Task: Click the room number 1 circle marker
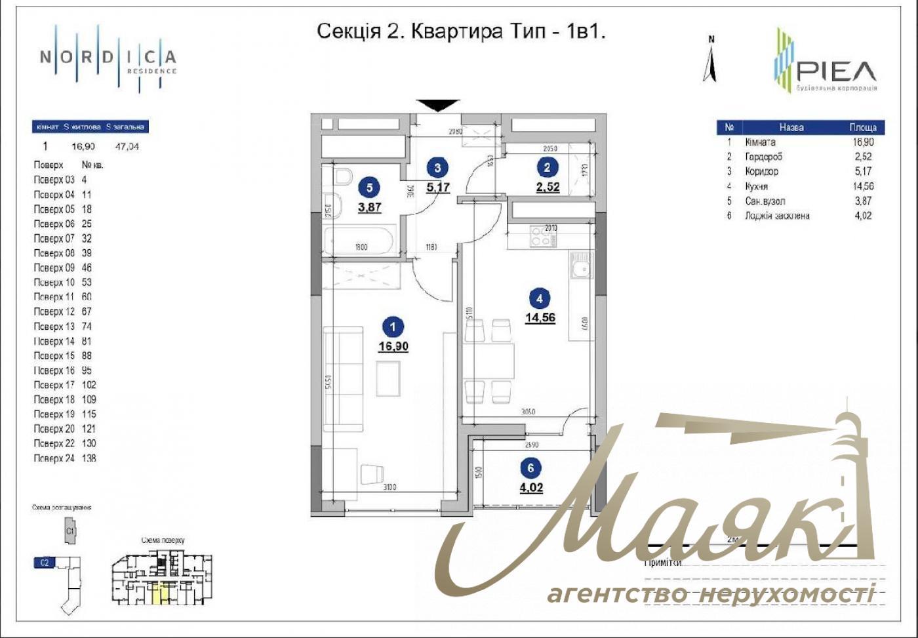coord(393,326)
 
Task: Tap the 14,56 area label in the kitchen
coord(540,318)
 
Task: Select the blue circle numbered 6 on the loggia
coord(530,468)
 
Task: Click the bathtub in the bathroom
coord(358,241)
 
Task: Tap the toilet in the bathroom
coord(342,177)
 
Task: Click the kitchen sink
coord(580,268)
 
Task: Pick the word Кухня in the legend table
coord(756,186)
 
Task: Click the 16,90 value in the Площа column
coord(862,142)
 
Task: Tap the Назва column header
coord(791,127)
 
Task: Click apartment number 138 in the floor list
coord(89,458)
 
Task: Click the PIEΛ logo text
coord(836,71)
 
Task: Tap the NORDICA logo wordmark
coord(108,58)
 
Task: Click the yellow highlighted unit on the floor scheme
coord(159,593)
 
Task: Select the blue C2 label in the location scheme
coord(45,562)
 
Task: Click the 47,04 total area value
coord(127,146)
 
